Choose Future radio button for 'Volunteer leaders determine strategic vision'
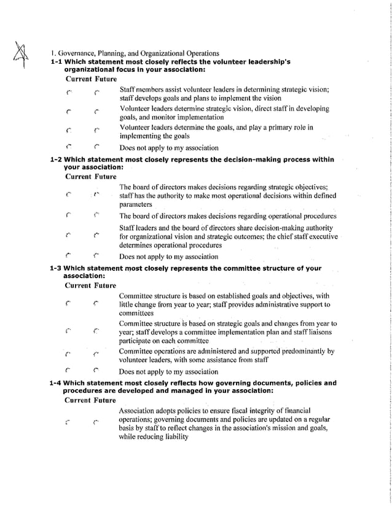coord(97,113)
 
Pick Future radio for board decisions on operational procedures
coord(97,216)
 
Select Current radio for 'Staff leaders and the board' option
coord(69,236)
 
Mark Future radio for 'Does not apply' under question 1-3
coord(97,371)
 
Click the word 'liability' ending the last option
coord(174,437)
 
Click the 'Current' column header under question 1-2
coord(79,177)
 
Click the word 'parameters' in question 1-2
coord(136,204)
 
